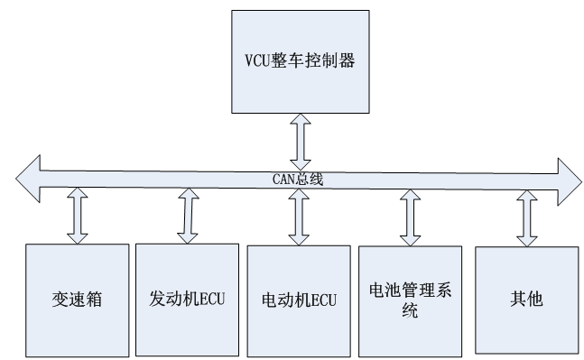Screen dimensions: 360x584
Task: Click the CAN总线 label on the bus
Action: coord(299,180)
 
